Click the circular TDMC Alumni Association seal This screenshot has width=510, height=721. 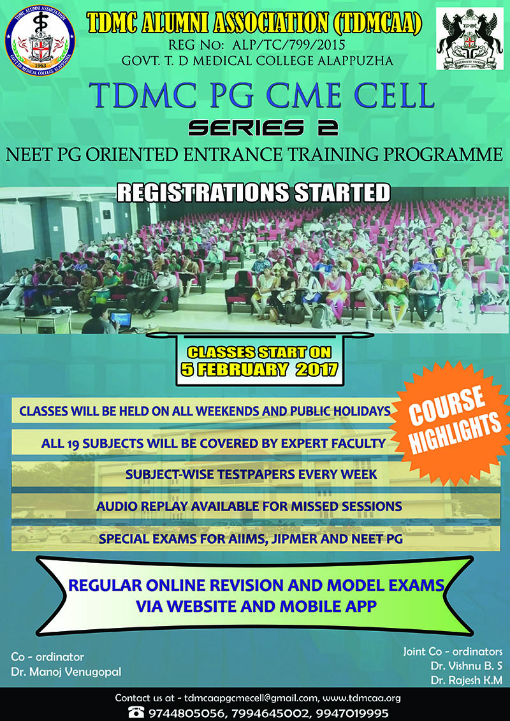40,40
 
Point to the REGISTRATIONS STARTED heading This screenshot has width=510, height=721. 253,193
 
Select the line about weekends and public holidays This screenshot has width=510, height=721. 205,411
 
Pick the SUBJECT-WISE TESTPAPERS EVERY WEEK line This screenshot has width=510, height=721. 252,474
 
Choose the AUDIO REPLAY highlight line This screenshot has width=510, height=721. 249,506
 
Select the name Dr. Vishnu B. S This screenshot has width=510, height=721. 466,666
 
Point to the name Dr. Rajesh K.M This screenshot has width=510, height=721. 467,680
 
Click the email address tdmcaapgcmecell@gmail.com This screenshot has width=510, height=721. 250,698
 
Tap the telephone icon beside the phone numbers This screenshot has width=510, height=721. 136,712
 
